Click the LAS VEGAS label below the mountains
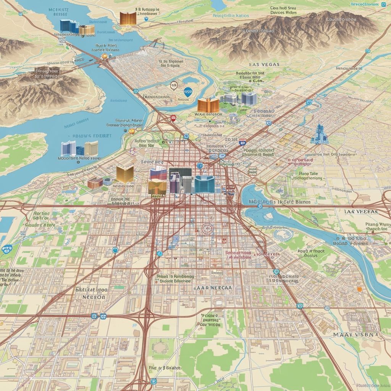pos(264,65)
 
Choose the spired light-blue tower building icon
pos(319,134)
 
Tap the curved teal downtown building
pos(204,184)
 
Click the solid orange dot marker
pos(359,289)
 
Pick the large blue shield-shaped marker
pos(187,91)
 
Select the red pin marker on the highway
pos(173,118)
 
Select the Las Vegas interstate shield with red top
pos(242,142)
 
